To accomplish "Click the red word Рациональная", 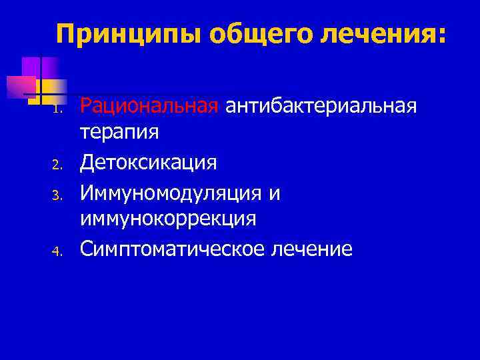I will (149, 105).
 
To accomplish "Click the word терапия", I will (120, 132).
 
